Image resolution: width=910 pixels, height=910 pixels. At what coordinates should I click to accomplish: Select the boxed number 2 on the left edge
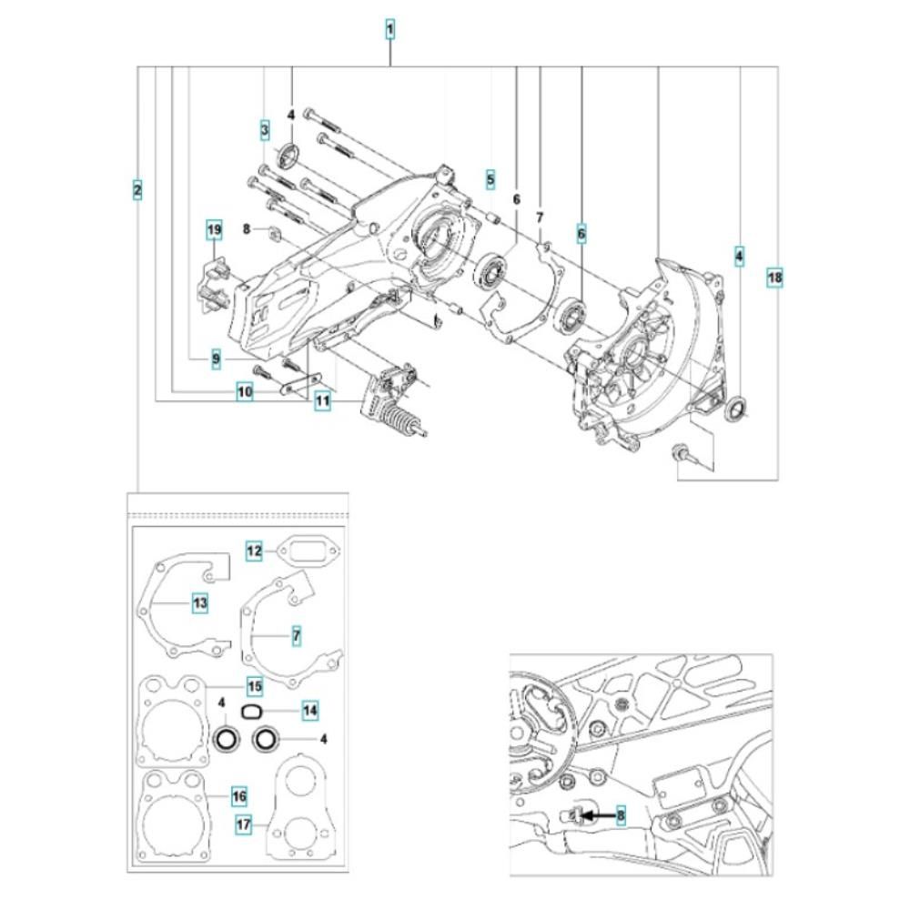click(136, 190)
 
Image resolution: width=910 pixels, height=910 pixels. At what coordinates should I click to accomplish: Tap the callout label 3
click(264, 130)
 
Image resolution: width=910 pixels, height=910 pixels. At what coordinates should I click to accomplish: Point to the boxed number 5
click(490, 179)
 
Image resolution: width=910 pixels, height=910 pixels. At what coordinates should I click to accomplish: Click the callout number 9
click(216, 360)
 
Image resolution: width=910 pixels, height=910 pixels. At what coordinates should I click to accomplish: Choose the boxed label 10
click(244, 392)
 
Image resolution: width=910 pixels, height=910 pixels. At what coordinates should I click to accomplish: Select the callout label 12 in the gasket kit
click(255, 551)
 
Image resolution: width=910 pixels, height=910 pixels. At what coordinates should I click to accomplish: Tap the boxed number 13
click(199, 602)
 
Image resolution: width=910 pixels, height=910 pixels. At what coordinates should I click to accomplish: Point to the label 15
click(256, 684)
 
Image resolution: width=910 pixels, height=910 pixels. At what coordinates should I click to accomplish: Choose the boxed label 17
click(244, 825)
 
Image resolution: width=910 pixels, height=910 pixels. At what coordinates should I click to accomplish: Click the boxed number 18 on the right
click(774, 278)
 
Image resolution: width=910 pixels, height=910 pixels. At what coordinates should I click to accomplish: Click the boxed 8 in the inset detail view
click(621, 816)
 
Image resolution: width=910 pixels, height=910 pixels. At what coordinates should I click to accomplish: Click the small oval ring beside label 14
click(252, 710)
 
